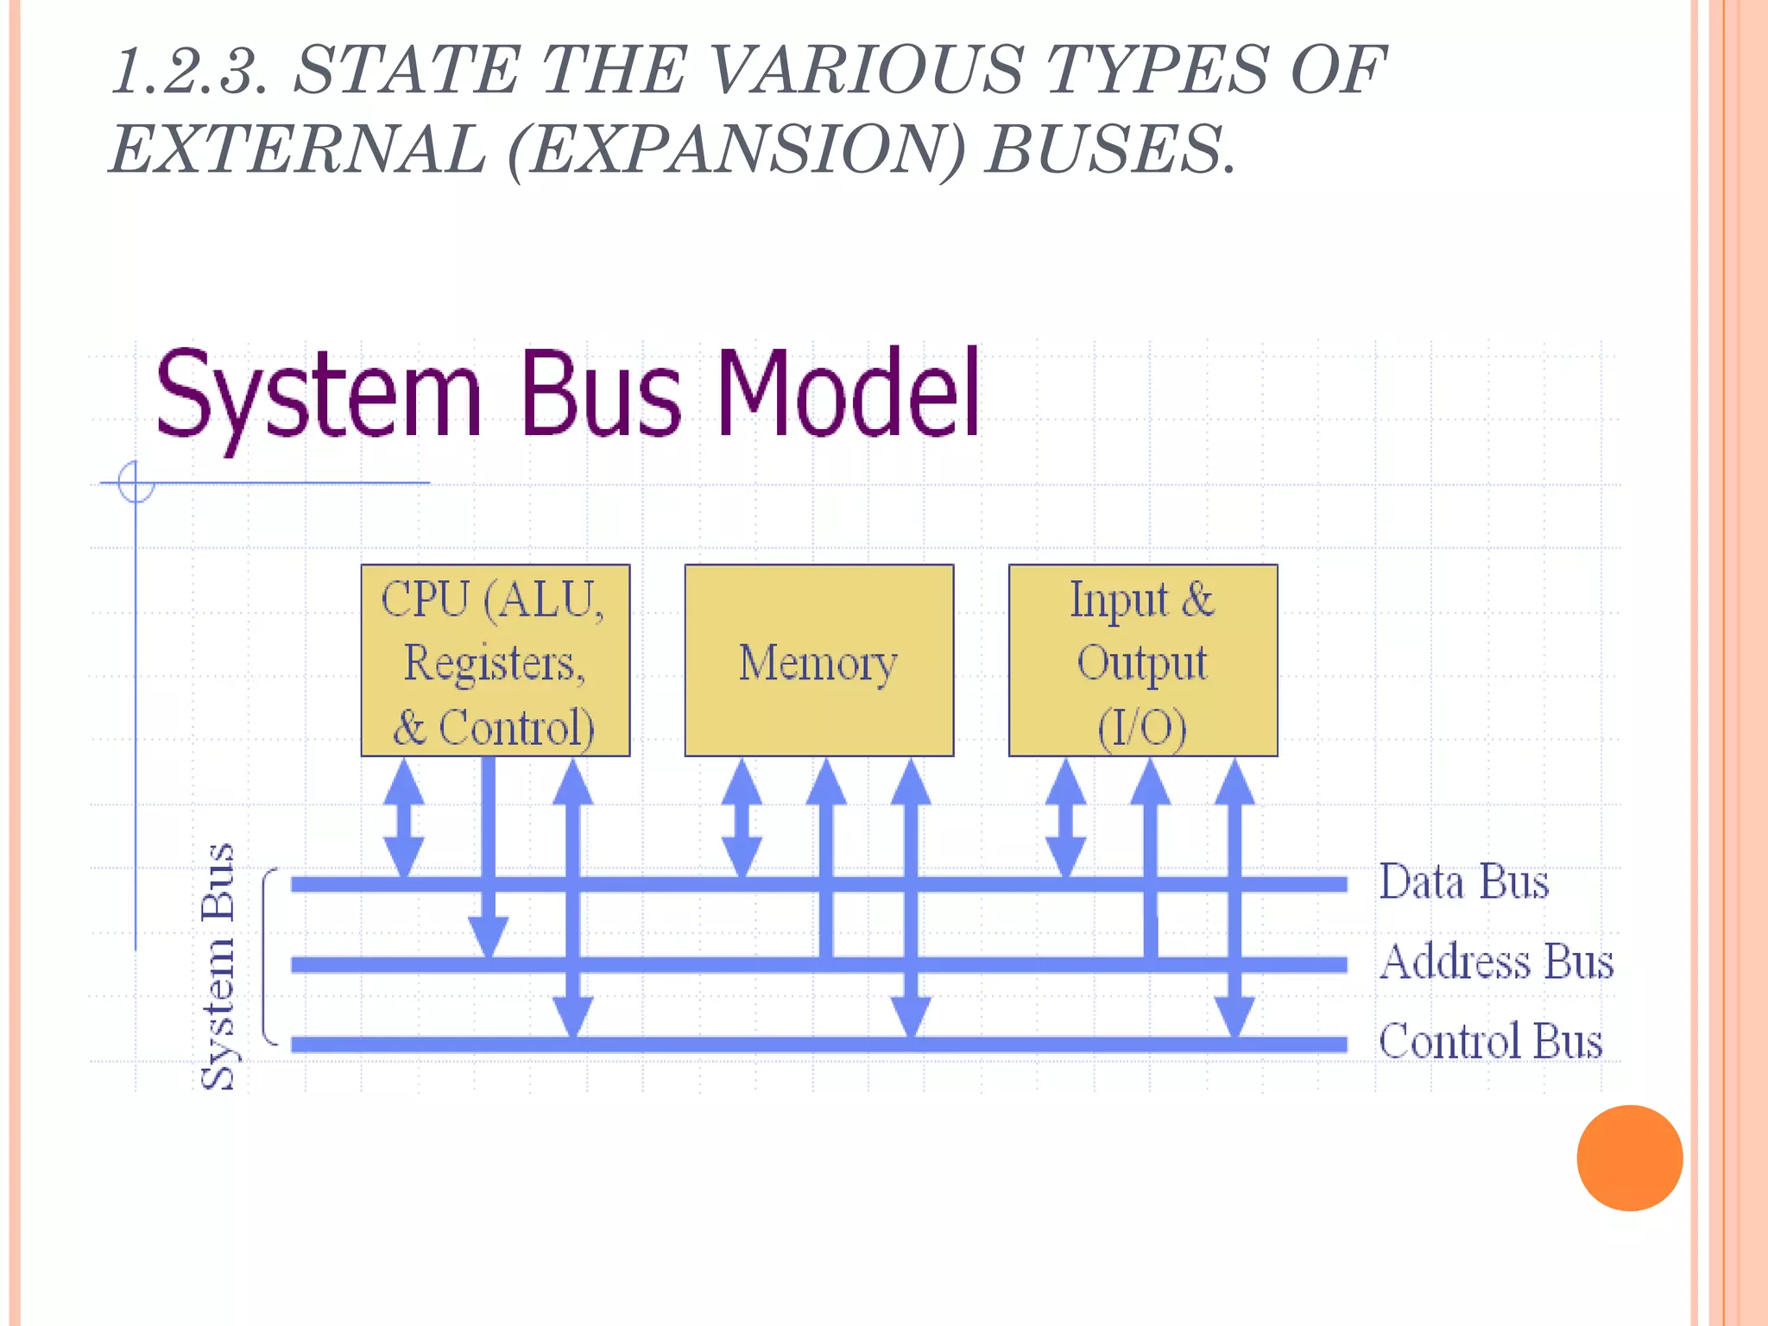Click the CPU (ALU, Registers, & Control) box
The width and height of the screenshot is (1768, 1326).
click(x=495, y=660)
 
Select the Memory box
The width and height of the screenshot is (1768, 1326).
click(x=818, y=660)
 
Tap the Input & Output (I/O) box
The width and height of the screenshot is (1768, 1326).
click(x=1142, y=660)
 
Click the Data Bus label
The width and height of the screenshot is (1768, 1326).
click(x=1463, y=881)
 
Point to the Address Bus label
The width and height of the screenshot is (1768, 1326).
click(x=1496, y=961)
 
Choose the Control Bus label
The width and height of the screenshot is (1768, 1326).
click(x=1490, y=1040)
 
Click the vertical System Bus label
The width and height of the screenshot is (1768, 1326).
click(x=218, y=966)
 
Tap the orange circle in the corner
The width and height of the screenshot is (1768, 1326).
click(x=1629, y=1158)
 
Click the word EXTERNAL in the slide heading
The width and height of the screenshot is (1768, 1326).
click(x=298, y=149)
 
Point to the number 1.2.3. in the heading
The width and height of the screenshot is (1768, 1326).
click(x=191, y=71)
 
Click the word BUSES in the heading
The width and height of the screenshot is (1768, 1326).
click(x=1110, y=149)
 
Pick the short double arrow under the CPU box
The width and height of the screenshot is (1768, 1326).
click(x=403, y=818)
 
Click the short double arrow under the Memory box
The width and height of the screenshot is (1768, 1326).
click(x=741, y=818)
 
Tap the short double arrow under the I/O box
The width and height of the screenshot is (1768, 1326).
click(x=1065, y=818)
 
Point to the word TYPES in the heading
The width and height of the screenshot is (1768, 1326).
click(x=1156, y=71)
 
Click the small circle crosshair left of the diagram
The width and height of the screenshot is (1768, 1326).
click(x=136, y=482)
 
